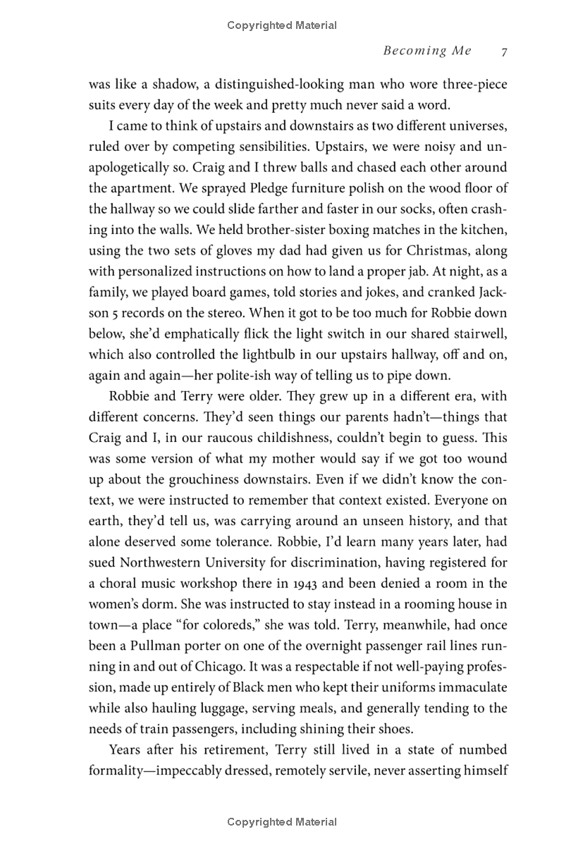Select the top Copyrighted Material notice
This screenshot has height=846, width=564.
[282, 25]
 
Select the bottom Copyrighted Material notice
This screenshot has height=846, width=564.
[282, 821]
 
